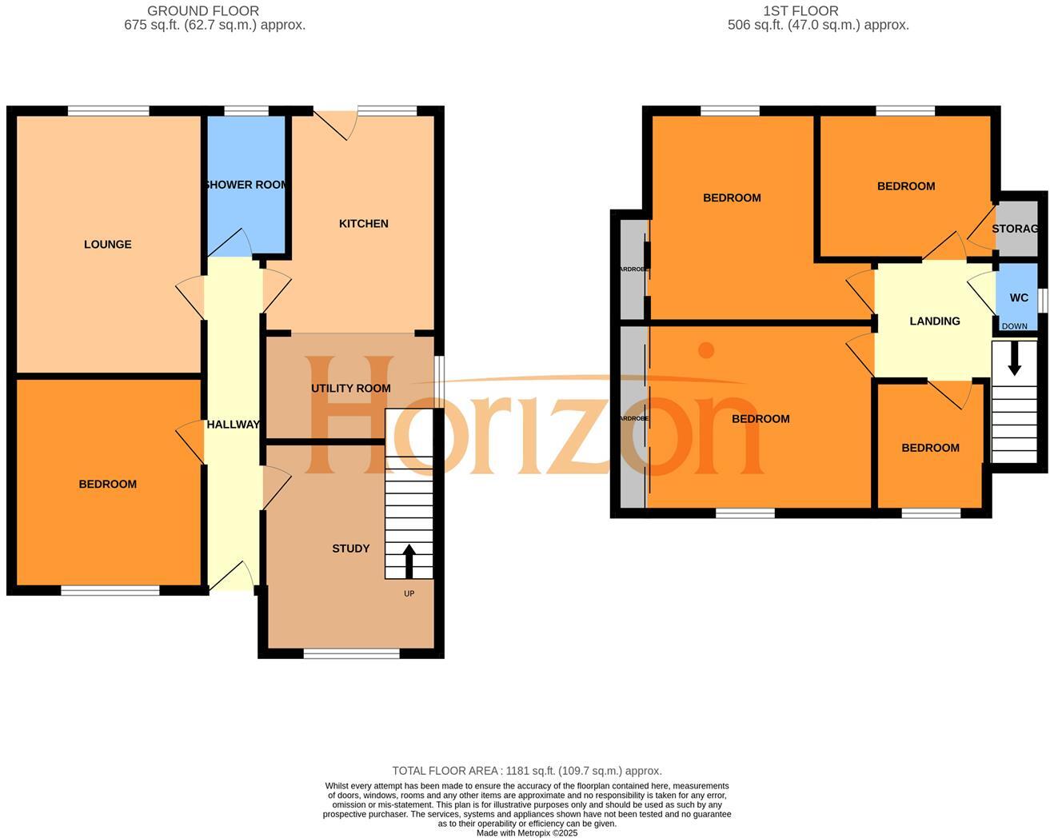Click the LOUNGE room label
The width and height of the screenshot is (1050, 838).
(x=107, y=245)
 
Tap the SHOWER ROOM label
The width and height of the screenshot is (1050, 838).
(x=246, y=185)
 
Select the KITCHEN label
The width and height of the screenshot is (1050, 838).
(x=364, y=224)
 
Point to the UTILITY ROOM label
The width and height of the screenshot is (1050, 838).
(x=351, y=389)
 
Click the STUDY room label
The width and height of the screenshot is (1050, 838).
(x=351, y=549)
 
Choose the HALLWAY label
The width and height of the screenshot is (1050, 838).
(x=233, y=425)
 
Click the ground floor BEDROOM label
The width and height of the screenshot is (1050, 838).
(x=107, y=484)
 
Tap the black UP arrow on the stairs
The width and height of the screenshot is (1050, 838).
(x=409, y=561)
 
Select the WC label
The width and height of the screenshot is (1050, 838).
(x=1019, y=298)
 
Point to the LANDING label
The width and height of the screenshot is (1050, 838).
(x=935, y=321)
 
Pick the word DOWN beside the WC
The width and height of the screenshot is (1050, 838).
(x=1015, y=326)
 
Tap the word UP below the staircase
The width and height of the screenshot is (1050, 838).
(x=409, y=593)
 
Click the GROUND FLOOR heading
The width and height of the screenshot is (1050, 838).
(x=203, y=11)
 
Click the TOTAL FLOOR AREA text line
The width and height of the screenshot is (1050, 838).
(x=526, y=771)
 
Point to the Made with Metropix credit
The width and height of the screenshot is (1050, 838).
(x=526, y=833)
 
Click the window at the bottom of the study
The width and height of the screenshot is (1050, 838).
(x=351, y=654)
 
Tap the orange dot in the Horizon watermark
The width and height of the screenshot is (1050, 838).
(x=706, y=349)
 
